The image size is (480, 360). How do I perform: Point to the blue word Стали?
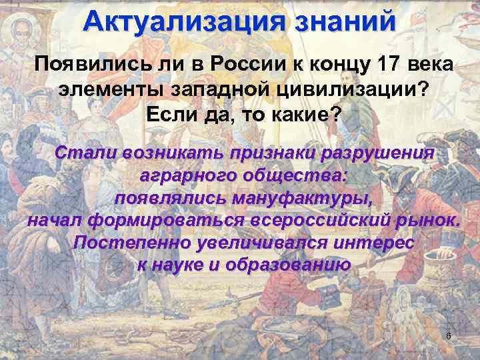(x=84, y=152)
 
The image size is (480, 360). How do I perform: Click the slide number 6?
(x=449, y=336)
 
